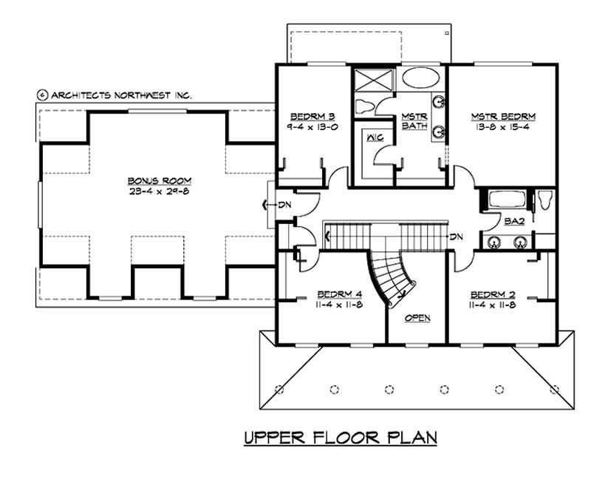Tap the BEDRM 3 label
pyautogui.click(x=312, y=116)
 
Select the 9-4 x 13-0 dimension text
pyautogui.click(x=312, y=126)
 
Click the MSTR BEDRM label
pyautogui.click(x=503, y=116)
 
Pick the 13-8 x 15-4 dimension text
pyautogui.click(x=503, y=127)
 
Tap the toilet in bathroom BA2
pyautogui.click(x=545, y=200)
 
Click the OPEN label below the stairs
pyautogui.click(x=417, y=317)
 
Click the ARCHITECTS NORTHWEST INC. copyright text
pyautogui.click(x=115, y=95)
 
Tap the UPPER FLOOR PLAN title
pyautogui.click(x=341, y=438)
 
